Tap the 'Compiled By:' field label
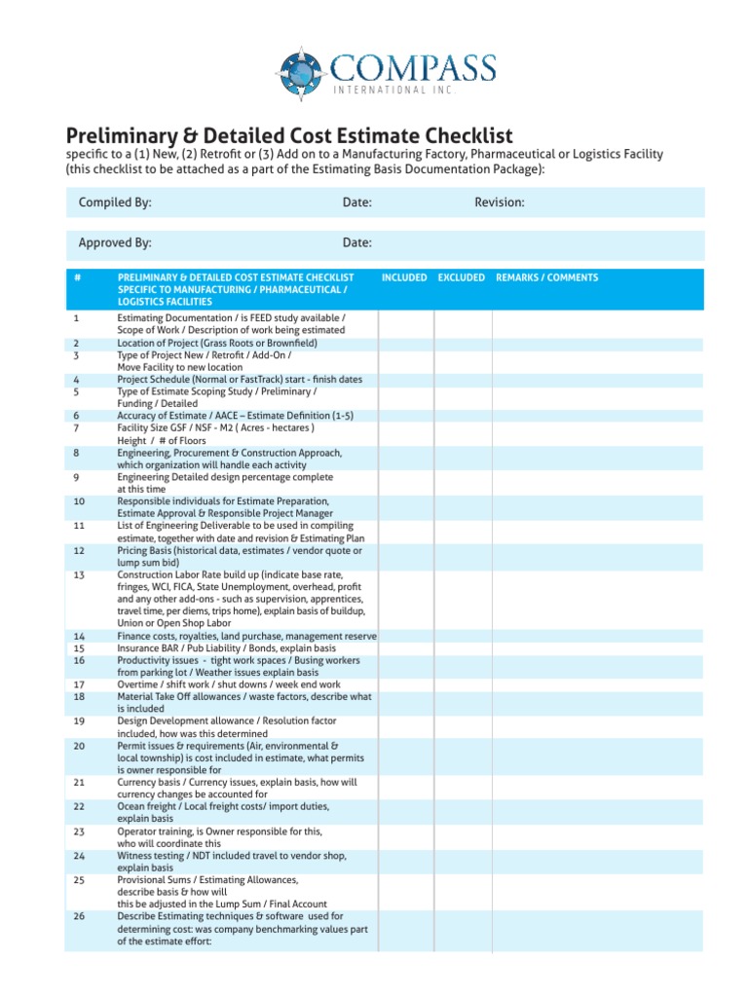click(115, 203)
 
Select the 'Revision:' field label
click(500, 203)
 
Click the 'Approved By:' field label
click(115, 242)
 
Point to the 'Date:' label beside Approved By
click(356, 242)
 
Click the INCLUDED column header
click(404, 277)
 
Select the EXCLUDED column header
click(461, 277)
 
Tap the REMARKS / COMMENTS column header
click(546, 277)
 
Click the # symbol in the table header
click(77, 277)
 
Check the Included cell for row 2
click(406, 343)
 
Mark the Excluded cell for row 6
click(463, 415)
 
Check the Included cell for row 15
click(406, 647)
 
